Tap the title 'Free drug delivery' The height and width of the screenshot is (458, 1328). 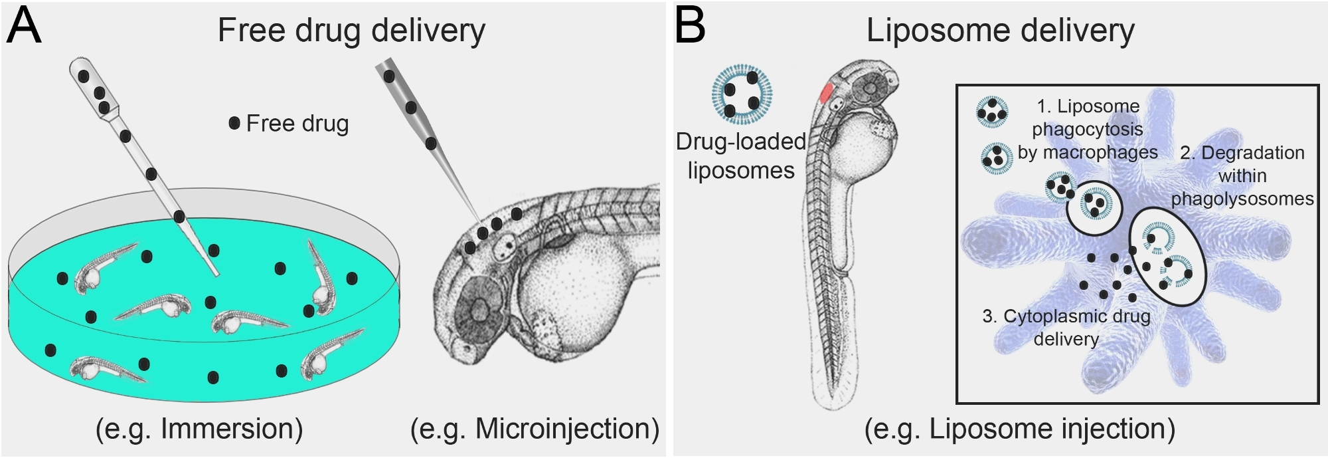click(351, 31)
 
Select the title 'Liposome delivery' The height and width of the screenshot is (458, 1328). click(1000, 31)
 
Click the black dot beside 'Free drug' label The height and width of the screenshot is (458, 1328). click(234, 123)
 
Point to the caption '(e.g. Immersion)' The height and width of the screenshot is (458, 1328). click(199, 429)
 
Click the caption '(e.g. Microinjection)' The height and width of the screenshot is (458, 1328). click(535, 429)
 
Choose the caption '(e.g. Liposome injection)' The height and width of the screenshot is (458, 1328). click(1019, 429)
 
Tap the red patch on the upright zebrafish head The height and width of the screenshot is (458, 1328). click(827, 93)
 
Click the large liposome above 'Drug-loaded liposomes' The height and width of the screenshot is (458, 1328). click(742, 94)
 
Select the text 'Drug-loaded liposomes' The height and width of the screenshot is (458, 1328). click(741, 156)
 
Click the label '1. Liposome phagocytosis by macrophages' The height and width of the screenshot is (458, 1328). click(1088, 130)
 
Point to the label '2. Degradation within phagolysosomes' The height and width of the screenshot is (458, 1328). click(1242, 175)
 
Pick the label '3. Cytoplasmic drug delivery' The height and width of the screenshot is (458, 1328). click(1066, 327)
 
